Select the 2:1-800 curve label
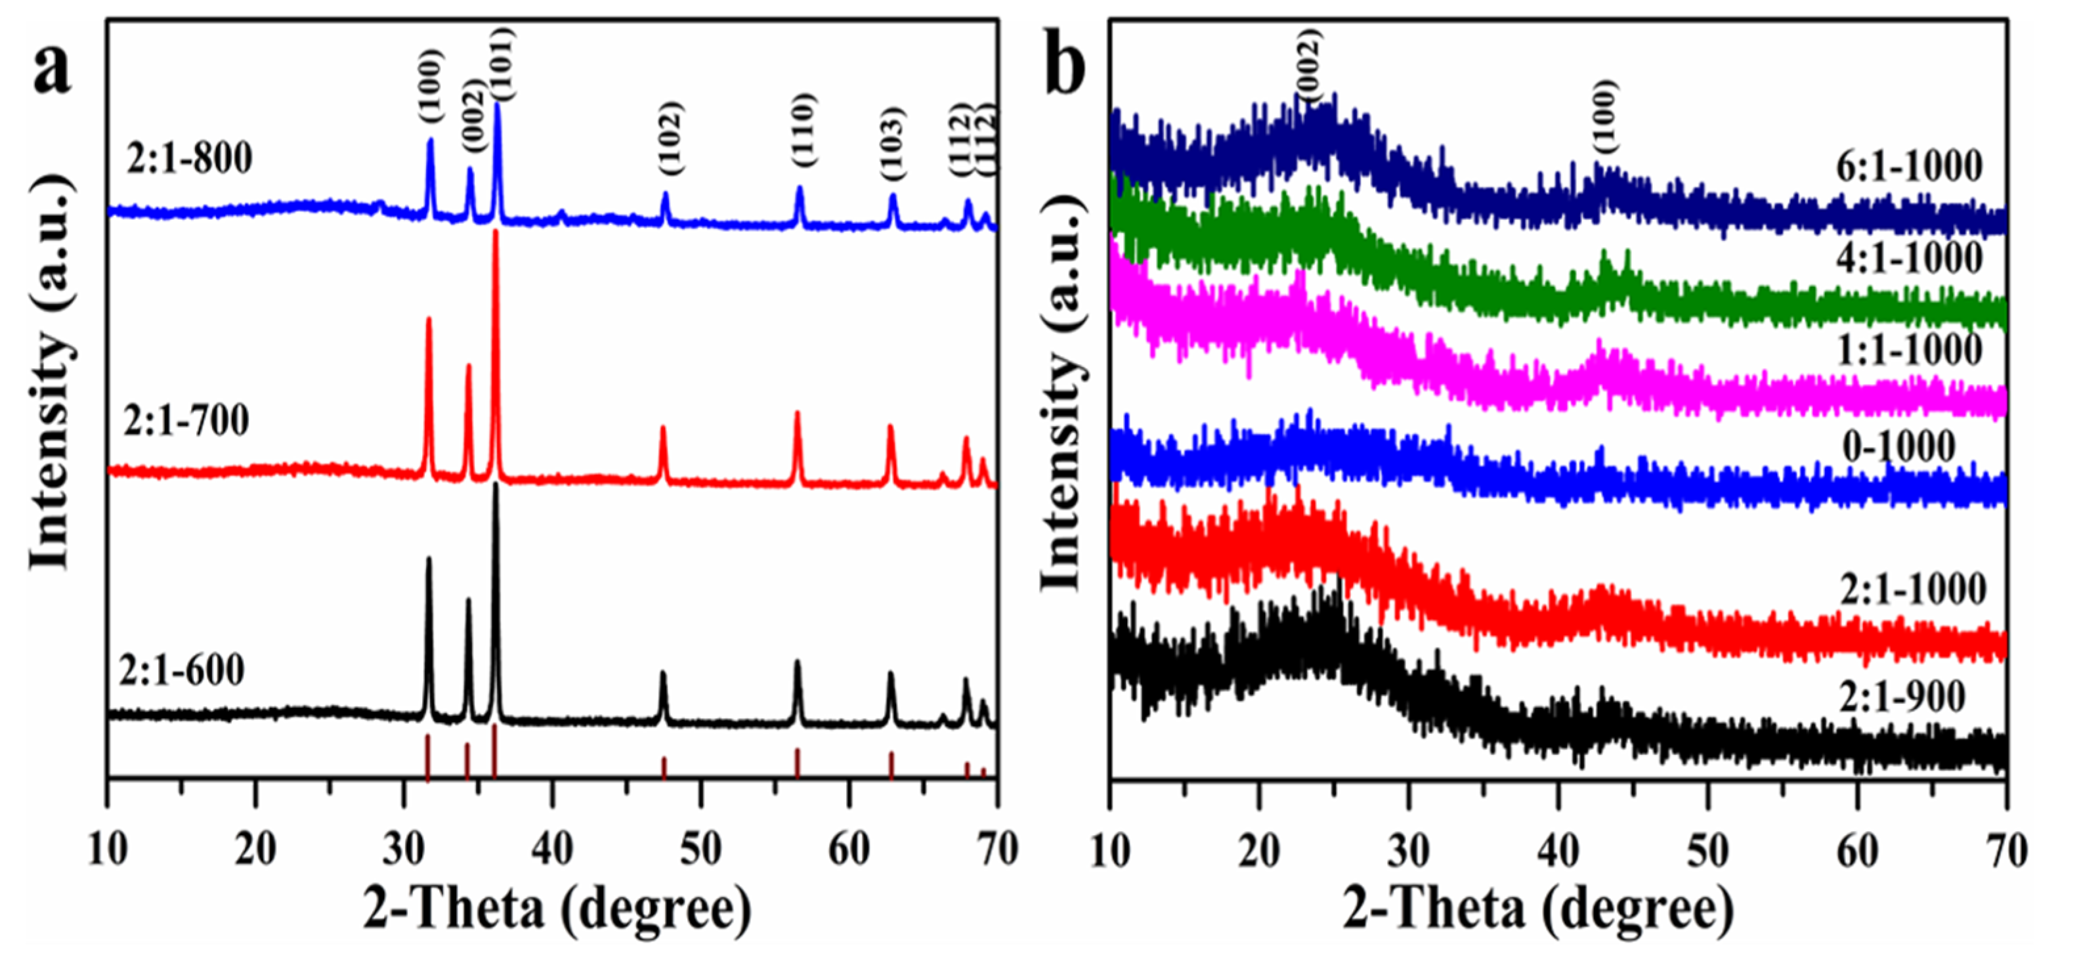(190, 158)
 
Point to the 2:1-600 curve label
(182, 670)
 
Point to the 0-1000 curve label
(1898, 446)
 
